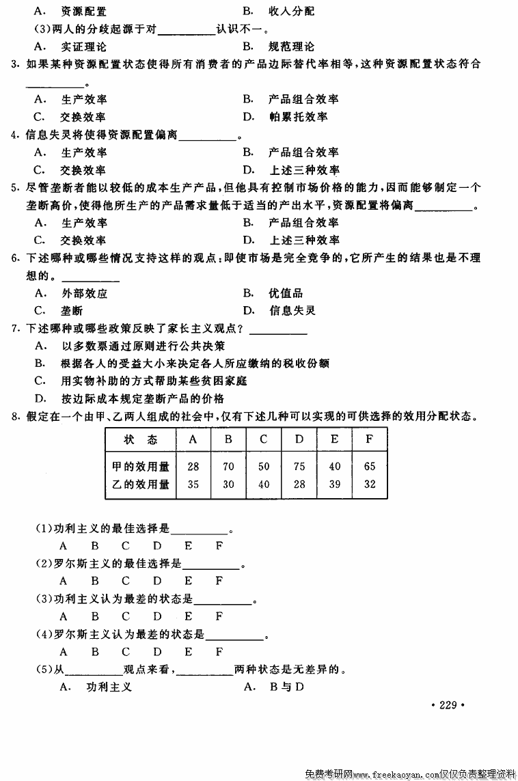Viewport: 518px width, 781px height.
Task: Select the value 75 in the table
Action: (299, 467)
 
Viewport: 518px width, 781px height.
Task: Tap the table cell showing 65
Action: (370, 467)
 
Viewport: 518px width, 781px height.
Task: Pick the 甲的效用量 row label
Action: (140, 467)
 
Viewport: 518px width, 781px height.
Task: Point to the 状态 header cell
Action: (140, 439)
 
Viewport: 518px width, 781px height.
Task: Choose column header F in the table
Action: (370, 439)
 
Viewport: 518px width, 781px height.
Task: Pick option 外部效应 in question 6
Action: (84, 293)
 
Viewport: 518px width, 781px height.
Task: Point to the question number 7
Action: (15, 329)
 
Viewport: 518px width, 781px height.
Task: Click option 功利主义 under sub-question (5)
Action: (107, 686)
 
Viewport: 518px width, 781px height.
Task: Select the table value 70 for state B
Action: (228, 467)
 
